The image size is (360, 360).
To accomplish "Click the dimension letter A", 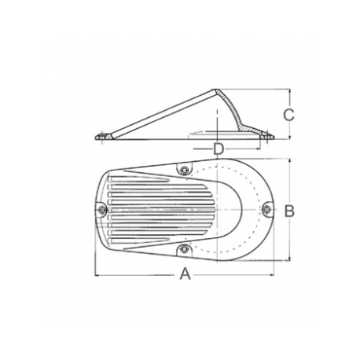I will pyautogui.click(x=186, y=274).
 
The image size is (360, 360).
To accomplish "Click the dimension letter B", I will pyautogui.click(x=288, y=211).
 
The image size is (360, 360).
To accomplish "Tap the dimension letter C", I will pyautogui.click(x=288, y=114).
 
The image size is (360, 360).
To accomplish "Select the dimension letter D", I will pyautogui.click(x=219, y=148).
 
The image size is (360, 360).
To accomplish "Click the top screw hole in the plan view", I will pyautogui.click(x=184, y=171).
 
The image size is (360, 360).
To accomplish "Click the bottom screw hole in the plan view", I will pyautogui.click(x=184, y=250).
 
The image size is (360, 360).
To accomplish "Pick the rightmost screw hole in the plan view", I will pyautogui.click(x=266, y=209).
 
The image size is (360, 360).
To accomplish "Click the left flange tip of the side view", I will pyautogui.click(x=97, y=140).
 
